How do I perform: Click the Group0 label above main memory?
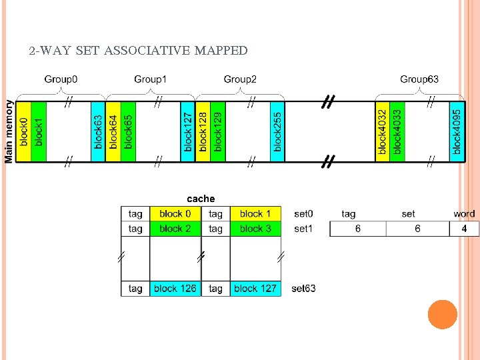pyautogui.click(x=61, y=79)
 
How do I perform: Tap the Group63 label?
pyautogui.click(x=419, y=79)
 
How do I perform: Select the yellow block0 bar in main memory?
pyautogui.click(x=23, y=131)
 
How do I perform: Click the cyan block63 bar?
pyautogui.click(x=98, y=131)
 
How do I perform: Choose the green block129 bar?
pyautogui.click(x=218, y=131)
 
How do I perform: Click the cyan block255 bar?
pyautogui.click(x=277, y=131)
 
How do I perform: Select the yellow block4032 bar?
pyautogui.click(x=382, y=131)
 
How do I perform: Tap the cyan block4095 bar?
pyautogui.click(x=457, y=131)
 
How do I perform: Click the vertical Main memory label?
pyautogui.click(x=9, y=131)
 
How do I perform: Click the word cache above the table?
pyautogui.click(x=201, y=199)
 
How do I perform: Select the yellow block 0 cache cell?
pyautogui.click(x=175, y=214)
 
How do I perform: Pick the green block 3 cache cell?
pyautogui.click(x=255, y=229)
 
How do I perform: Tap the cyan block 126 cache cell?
pyautogui.click(x=175, y=289)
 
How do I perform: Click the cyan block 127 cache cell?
pyautogui.click(x=255, y=289)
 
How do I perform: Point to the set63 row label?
pyautogui.click(x=303, y=289)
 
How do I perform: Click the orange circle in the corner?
pyautogui.click(x=442, y=315)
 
